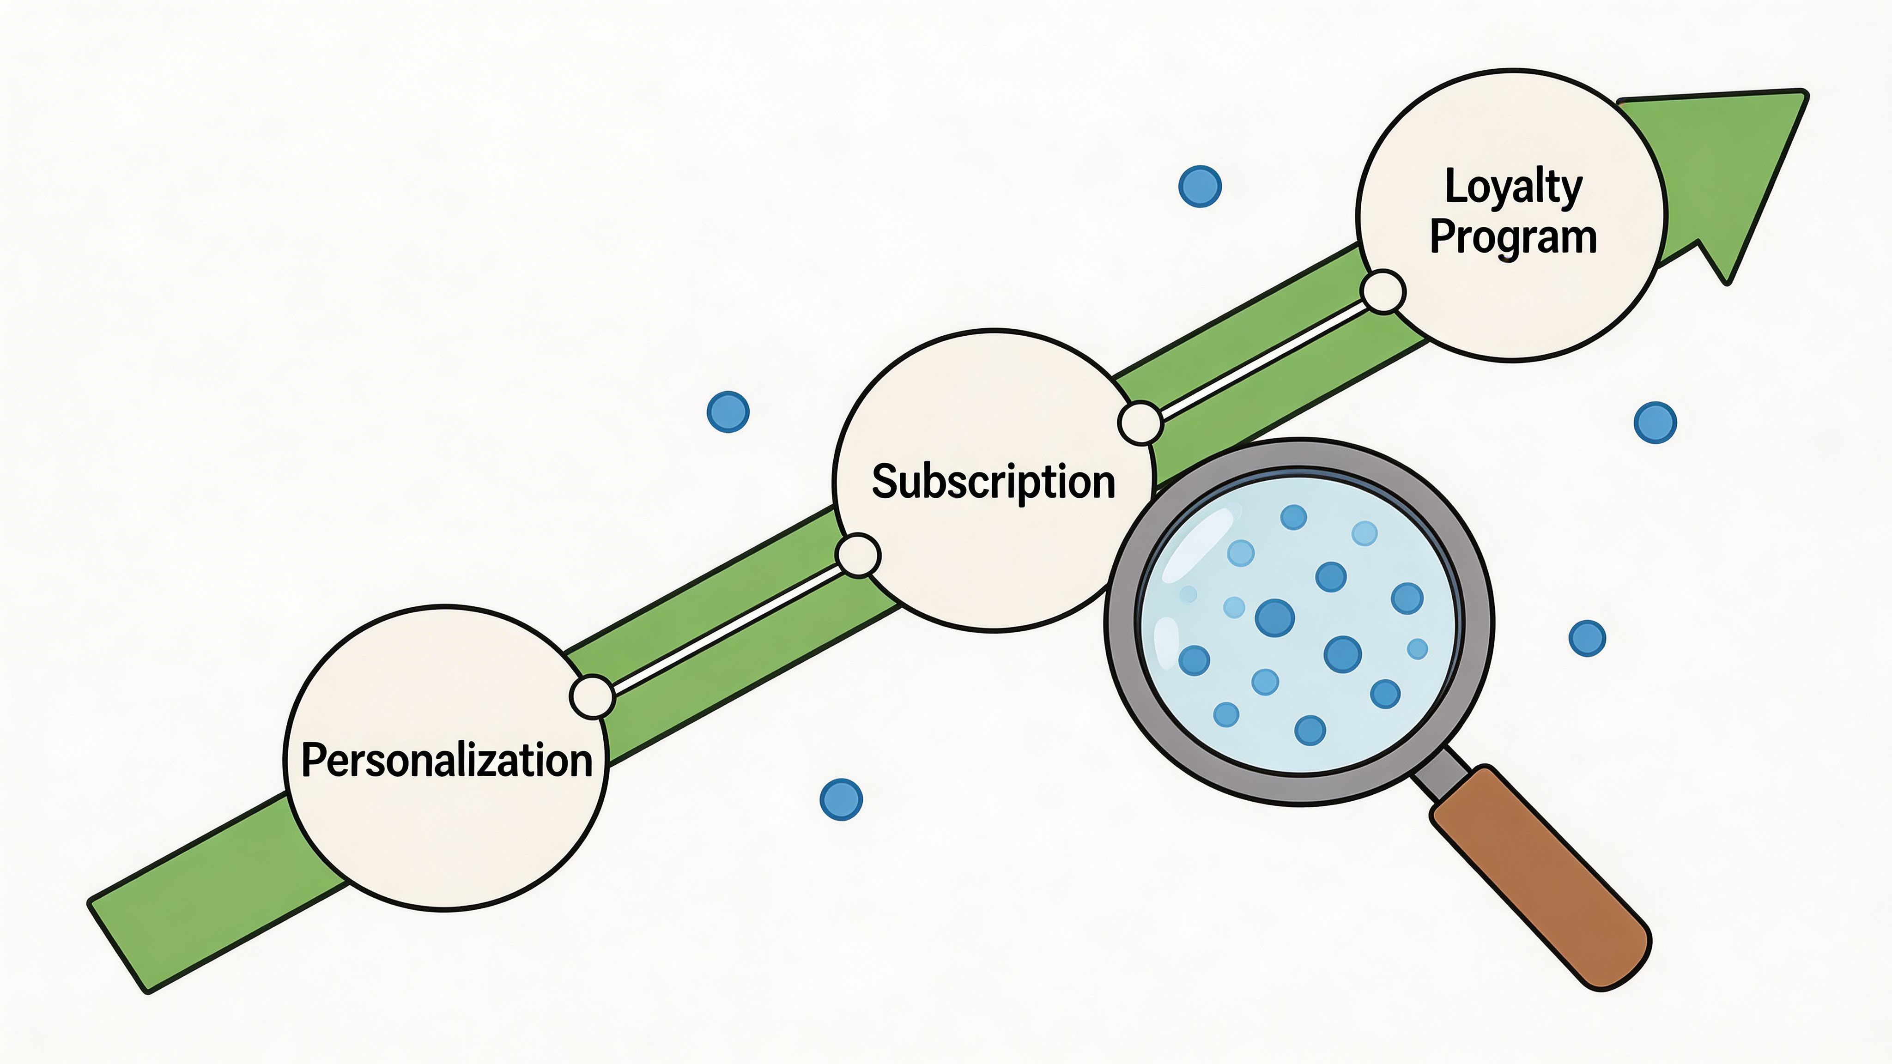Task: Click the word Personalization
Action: pos(447,760)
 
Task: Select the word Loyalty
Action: pos(1513,187)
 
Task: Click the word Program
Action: pos(1513,238)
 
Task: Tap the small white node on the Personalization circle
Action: pos(592,697)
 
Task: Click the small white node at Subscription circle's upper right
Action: pos(1140,423)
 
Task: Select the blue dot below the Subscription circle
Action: pos(841,799)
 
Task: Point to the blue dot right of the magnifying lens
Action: pos(1587,638)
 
